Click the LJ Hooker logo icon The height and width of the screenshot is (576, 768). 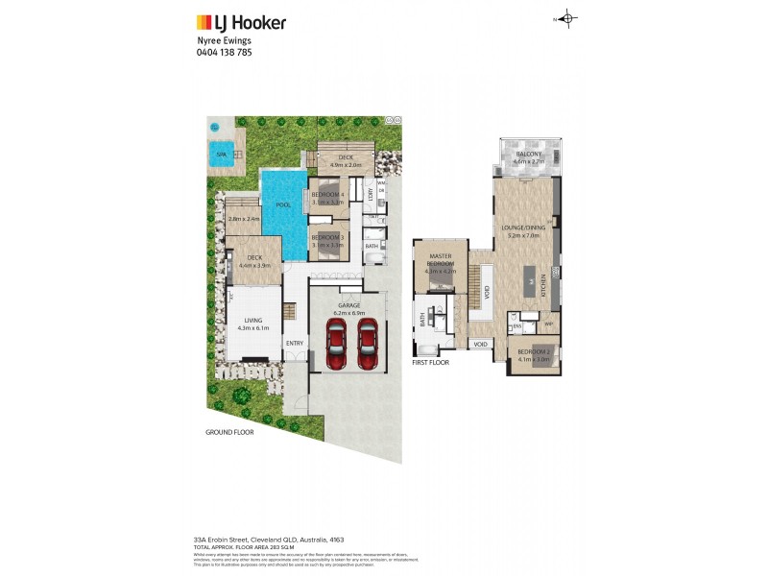(204, 21)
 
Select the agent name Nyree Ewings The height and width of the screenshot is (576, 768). (223, 41)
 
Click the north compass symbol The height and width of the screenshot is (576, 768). (567, 18)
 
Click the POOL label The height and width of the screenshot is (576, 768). (283, 205)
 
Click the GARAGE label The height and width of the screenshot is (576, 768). (348, 306)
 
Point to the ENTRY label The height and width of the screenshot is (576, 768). (294, 343)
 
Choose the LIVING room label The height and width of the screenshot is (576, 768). (253, 322)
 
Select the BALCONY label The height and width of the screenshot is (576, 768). (529, 155)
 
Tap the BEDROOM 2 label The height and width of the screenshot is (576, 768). (534, 352)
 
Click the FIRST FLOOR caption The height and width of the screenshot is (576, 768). (431, 364)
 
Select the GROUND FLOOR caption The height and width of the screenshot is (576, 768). (228, 432)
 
